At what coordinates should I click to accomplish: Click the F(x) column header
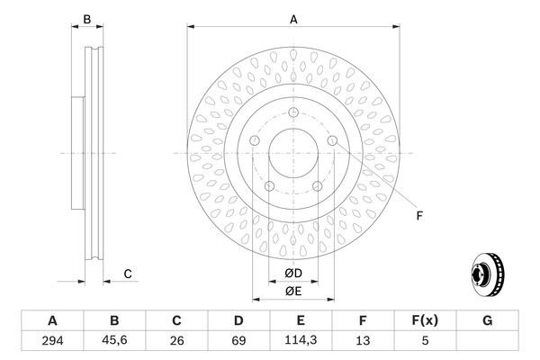click(425, 321)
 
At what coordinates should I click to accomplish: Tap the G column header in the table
click(487, 321)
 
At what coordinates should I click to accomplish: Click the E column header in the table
click(301, 321)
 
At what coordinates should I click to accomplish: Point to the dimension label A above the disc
click(293, 18)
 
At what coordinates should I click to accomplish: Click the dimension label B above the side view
click(87, 19)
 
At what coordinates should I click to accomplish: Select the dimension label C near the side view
click(128, 274)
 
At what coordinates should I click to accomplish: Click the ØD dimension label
click(293, 274)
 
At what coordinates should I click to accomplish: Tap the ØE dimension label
click(293, 291)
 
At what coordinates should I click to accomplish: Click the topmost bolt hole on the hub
click(293, 112)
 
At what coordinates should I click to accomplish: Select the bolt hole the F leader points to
click(332, 141)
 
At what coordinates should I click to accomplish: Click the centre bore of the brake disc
click(293, 153)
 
